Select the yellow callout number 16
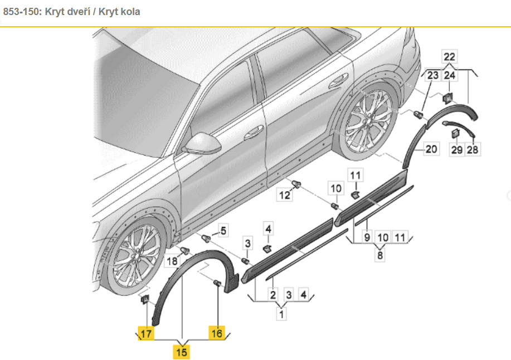pyautogui.click(x=216, y=333)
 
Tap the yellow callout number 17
pyautogui.click(x=145, y=334)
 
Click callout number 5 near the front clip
pyautogui.click(x=223, y=230)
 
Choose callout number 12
pyautogui.click(x=285, y=194)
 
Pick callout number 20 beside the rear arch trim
pyautogui.click(x=432, y=149)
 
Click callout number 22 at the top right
pyautogui.click(x=449, y=56)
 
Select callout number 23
pyautogui.click(x=433, y=75)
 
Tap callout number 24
pyautogui.click(x=450, y=75)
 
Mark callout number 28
pyautogui.click(x=473, y=149)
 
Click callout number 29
pyautogui.click(x=457, y=149)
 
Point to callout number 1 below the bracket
pyautogui.click(x=282, y=314)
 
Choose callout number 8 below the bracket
pyautogui.click(x=380, y=256)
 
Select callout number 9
pyautogui.click(x=367, y=237)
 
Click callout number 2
pyautogui.click(x=273, y=295)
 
